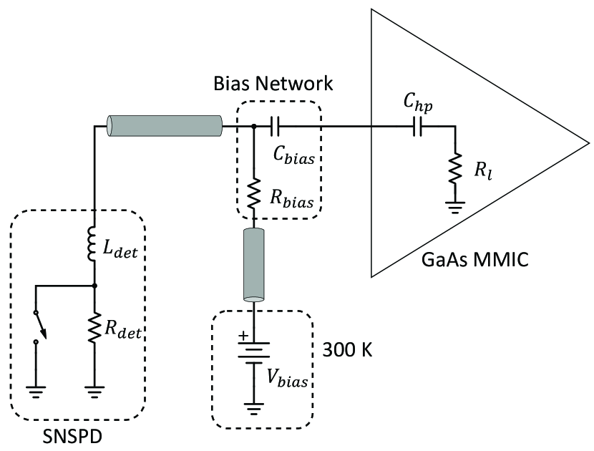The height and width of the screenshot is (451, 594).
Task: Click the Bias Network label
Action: pyautogui.click(x=273, y=83)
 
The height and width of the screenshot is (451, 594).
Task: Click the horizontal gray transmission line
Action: pyautogui.click(x=165, y=127)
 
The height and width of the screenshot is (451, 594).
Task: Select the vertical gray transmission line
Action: pyautogui.click(x=254, y=263)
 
